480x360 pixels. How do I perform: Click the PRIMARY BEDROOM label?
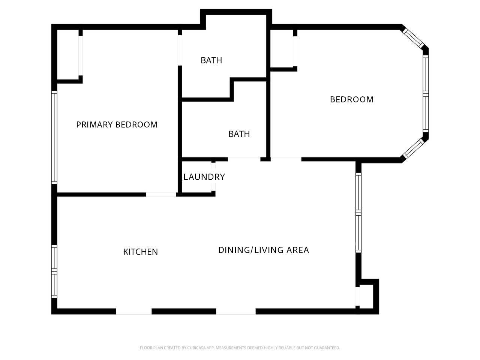[x=117, y=124]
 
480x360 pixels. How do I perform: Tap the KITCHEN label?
[x=141, y=252]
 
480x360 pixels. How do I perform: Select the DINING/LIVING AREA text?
[x=263, y=250]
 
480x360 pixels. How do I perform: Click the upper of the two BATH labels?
[x=211, y=60]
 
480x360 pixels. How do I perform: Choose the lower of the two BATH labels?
[x=239, y=134]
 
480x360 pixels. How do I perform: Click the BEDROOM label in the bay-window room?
[x=351, y=99]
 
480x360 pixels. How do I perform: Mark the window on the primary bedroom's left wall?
[x=54, y=137]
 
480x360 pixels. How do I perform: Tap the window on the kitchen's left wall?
[x=54, y=271]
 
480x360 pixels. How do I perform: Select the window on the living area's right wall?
[x=358, y=213]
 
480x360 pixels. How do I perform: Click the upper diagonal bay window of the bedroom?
[x=414, y=37]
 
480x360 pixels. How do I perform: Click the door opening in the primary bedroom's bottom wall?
[x=160, y=194]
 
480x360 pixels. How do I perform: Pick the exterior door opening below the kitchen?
[x=134, y=311]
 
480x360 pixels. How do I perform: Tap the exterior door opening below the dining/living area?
[x=235, y=311]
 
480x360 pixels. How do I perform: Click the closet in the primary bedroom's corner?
[x=67, y=55]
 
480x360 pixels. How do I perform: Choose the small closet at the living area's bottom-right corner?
[x=366, y=296]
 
